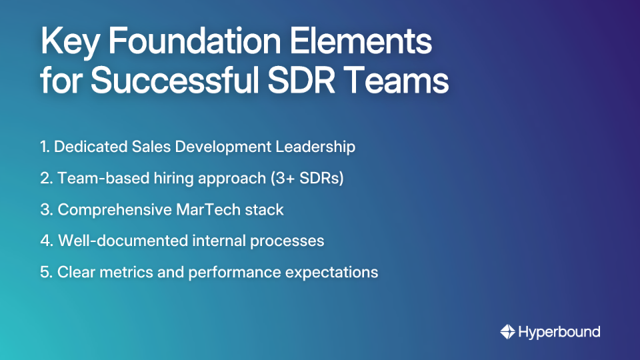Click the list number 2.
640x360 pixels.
[45, 179]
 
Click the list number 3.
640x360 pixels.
[45, 210]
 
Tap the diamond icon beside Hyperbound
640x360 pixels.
[507, 331]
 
